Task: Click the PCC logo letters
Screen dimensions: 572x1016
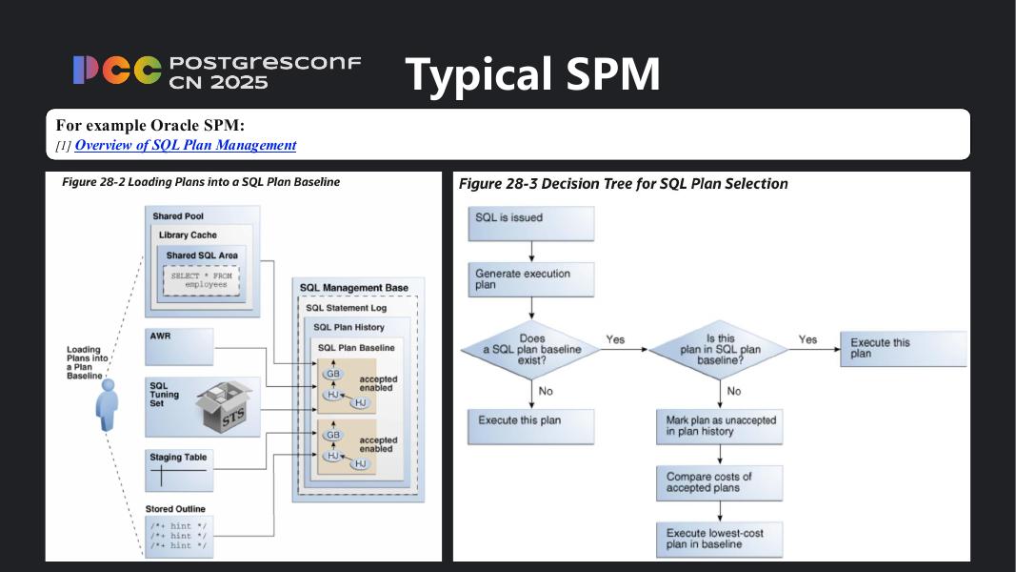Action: point(116,71)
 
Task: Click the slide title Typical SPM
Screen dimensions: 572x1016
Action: point(532,73)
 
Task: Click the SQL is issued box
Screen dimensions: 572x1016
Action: point(530,223)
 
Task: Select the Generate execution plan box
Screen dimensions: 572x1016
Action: point(530,279)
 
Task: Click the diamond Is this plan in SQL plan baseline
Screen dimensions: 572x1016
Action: point(720,350)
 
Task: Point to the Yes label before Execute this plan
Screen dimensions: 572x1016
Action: point(807,339)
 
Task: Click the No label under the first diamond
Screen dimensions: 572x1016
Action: point(546,391)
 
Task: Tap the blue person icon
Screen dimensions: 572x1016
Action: point(108,404)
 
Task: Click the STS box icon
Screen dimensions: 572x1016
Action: point(226,408)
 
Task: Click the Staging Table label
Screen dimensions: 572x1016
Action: point(178,458)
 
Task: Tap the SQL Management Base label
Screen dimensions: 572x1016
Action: point(353,288)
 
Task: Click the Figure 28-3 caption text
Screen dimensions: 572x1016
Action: point(623,184)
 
